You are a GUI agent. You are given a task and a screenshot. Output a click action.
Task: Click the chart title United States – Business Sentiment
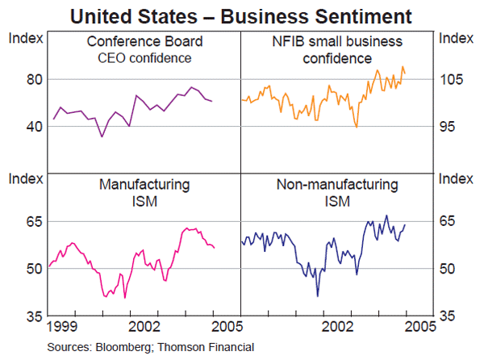(241, 15)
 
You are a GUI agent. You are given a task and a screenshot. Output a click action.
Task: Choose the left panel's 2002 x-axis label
(147, 328)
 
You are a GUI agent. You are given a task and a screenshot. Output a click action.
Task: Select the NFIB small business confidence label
(338, 49)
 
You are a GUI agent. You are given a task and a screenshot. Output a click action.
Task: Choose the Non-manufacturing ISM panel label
(338, 192)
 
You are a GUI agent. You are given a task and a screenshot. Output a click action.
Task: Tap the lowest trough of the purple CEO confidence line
(102, 136)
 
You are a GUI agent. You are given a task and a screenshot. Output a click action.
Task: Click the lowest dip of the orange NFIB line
(357, 127)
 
